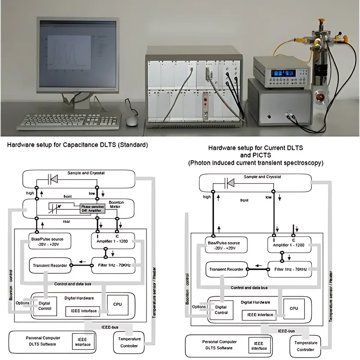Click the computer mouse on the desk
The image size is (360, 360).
pos(132,121)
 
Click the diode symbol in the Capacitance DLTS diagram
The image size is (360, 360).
pos(53,178)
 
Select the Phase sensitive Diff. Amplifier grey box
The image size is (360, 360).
pos(93,208)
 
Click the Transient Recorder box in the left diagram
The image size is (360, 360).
pos(50,265)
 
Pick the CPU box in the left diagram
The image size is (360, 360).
pos(117,304)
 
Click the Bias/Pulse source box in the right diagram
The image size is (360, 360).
pos(226,246)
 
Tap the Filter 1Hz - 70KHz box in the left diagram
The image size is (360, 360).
pos(113,265)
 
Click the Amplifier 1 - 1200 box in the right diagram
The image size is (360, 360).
pos(289,245)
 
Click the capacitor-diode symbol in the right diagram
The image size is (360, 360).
pos(229,183)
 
